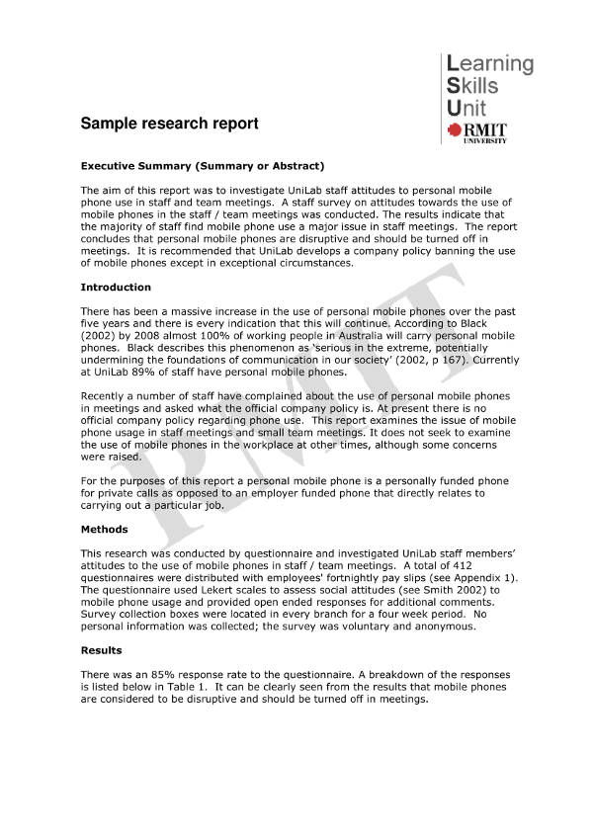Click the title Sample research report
pyautogui.click(x=169, y=124)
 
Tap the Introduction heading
pyautogui.click(x=116, y=288)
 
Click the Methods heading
pyautogui.click(x=104, y=530)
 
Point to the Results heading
pyautogui.click(x=101, y=650)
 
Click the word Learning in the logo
pyautogui.click(x=490, y=64)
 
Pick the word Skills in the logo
pyautogui.click(x=472, y=86)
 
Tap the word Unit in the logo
pyautogui.click(x=466, y=108)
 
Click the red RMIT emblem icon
pyautogui.click(x=455, y=129)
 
